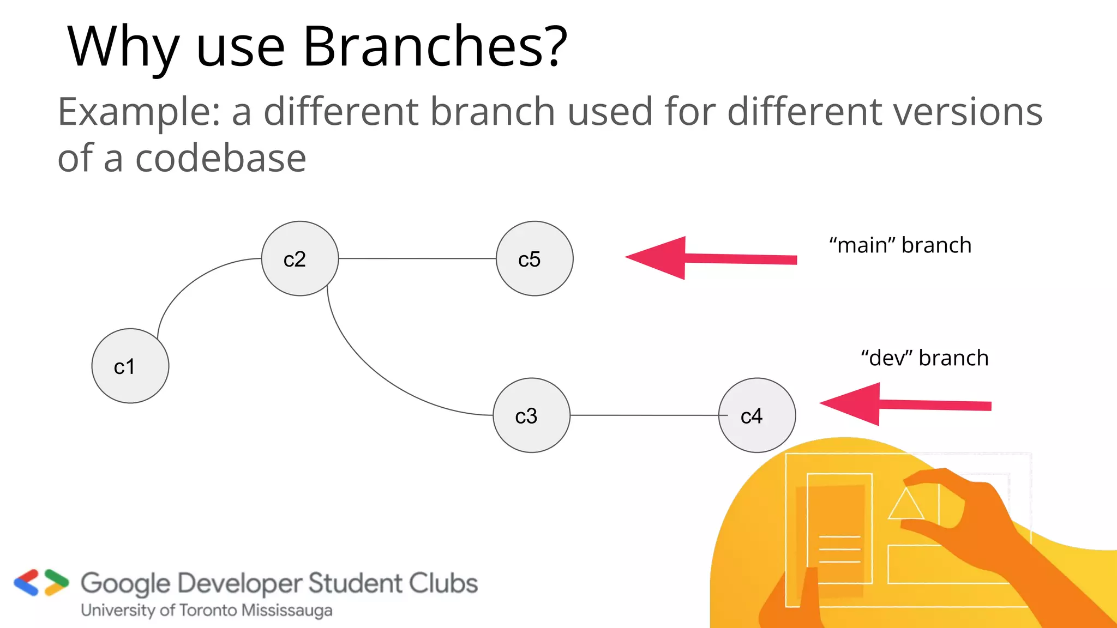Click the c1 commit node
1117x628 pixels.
130,366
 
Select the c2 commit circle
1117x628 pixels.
299,258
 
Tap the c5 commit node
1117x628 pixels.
535,258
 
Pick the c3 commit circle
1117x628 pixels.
531,415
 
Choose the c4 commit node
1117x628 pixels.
756,415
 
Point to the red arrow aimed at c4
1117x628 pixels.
905,404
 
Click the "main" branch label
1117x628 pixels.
900,245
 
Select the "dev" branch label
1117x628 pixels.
924,358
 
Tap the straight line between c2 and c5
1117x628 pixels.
417,258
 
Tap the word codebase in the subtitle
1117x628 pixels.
220,159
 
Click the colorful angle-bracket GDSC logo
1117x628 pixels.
41,583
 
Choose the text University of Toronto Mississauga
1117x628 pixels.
206,611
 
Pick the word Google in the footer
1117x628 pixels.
125,584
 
